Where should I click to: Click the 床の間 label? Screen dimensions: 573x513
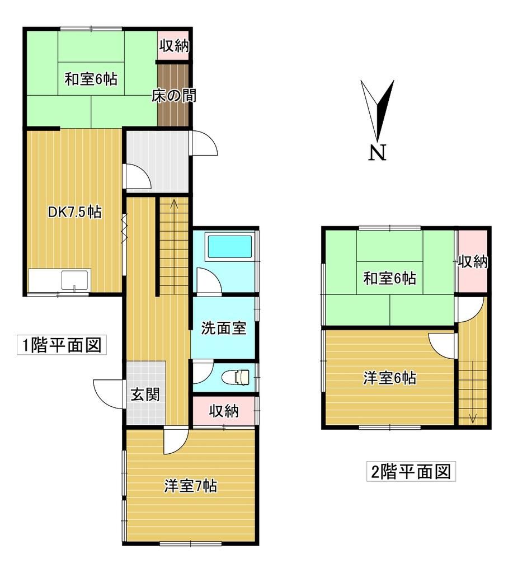(173, 96)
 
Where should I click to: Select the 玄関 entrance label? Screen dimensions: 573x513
(145, 395)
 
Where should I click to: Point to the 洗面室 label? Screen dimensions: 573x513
(224, 328)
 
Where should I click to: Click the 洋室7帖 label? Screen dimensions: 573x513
(190, 486)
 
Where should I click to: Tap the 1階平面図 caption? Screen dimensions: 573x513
(62, 345)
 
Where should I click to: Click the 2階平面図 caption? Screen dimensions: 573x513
(411, 472)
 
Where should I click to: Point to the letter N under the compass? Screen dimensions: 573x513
(378, 152)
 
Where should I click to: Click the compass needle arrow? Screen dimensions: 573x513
(378, 109)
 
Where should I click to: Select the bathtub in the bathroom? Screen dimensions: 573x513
(229, 247)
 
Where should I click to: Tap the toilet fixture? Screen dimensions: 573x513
(237, 378)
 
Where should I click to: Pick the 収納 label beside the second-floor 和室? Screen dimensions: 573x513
(472, 261)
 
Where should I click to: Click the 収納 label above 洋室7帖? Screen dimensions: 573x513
(224, 412)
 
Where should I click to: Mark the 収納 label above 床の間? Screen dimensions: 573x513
(174, 46)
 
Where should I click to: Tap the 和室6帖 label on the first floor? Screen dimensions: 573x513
(91, 79)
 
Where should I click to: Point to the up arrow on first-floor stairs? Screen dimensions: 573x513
(174, 204)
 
